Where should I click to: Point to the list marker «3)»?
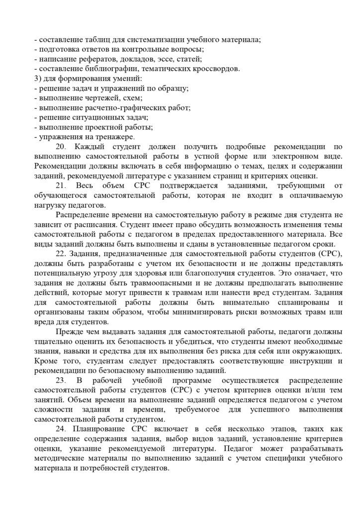(x=36, y=78)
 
